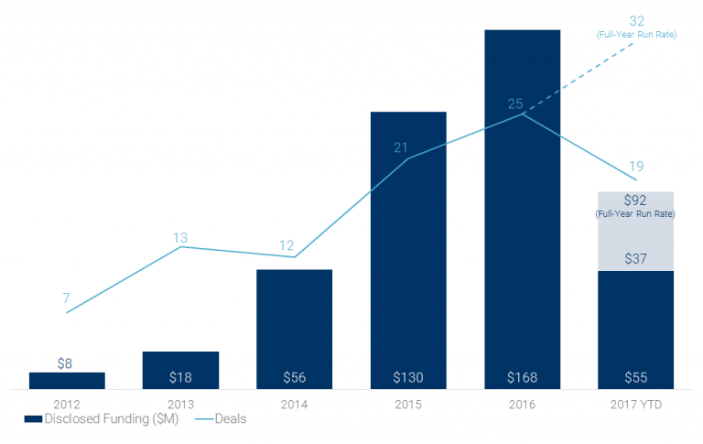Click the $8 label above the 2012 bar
(65, 363)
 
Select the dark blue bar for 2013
(180, 370)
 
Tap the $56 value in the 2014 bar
(294, 377)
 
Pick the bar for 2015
(407, 247)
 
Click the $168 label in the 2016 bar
(522, 377)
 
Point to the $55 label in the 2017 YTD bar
(635, 377)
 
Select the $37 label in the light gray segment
(635, 259)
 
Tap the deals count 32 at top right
(638, 20)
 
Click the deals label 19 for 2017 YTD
(635, 166)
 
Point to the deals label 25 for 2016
(515, 103)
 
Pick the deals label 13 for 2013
(180, 238)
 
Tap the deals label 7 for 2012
(66, 298)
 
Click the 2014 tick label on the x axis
(294, 404)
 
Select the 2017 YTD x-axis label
(635, 404)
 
